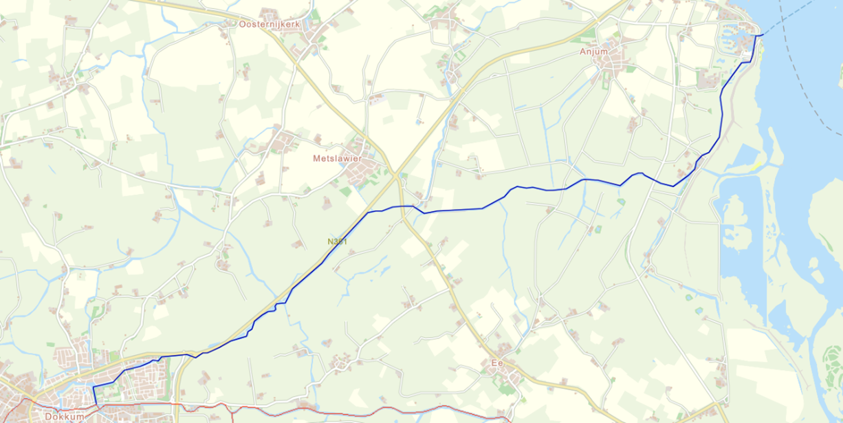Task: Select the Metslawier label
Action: pyautogui.click(x=337, y=158)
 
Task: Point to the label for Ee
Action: pyautogui.click(x=499, y=362)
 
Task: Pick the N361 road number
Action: pyautogui.click(x=338, y=241)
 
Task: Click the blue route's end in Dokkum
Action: pyautogui.click(x=94, y=406)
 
